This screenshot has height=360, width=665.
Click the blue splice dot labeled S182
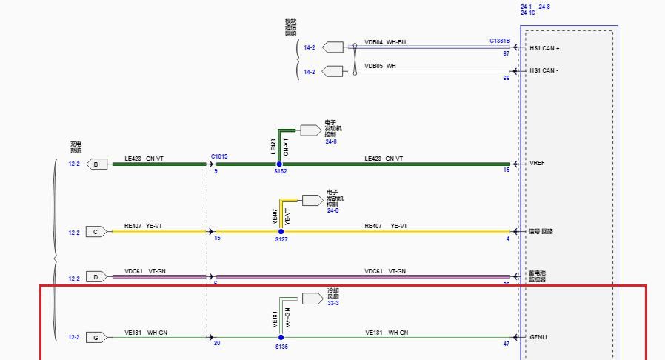tap(279, 164)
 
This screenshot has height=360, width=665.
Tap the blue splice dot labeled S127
tap(281, 232)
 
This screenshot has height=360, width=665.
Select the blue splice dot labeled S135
tap(281, 337)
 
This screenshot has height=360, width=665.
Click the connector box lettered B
tap(96, 164)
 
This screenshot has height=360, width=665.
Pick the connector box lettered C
tap(96, 232)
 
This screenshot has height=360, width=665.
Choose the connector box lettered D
tap(96, 277)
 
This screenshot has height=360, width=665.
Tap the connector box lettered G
tap(96, 338)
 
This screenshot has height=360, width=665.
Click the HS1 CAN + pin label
tap(544, 48)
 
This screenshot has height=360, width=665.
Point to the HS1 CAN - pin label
tap(544, 71)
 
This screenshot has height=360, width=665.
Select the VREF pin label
tap(537, 164)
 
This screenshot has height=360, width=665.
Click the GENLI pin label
tap(538, 337)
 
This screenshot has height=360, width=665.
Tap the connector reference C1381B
tap(500, 41)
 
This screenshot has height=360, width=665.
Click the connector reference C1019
tap(219, 157)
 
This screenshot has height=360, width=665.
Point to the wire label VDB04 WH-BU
tap(385, 43)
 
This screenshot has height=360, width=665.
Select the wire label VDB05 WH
tap(380, 66)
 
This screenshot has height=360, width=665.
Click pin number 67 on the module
tap(507, 54)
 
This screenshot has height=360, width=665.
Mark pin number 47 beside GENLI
tap(507, 344)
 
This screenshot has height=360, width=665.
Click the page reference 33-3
tap(333, 303)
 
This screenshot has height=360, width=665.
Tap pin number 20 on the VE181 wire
tap(217, 344)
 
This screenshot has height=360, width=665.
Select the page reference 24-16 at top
tap(528, 13)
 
